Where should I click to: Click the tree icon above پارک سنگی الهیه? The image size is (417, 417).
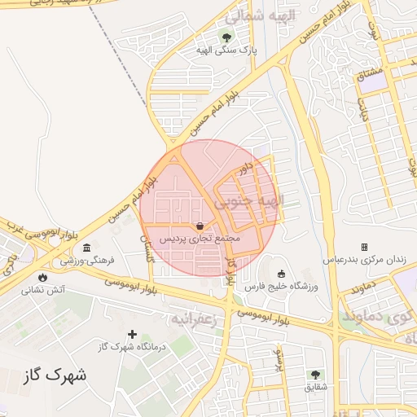(x=226, y=37)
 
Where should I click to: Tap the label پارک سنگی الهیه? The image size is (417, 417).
(x=226, y=50)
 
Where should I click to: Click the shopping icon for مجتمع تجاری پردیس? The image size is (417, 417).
(x=200, y=226)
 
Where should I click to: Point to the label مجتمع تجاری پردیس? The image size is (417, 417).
(x=200, y=239)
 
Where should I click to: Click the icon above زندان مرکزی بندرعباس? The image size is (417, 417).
(x=364, y=247)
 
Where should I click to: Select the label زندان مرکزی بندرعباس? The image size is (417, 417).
(x=364, y=260)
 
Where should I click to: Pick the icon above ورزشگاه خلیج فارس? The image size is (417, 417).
(x=282, y=274)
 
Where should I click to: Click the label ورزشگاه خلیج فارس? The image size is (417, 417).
(x=282, y=287)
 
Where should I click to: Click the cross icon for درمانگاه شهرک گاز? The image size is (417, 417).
(x=132, y=334)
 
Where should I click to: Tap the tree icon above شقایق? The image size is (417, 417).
(x=315, y=374)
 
